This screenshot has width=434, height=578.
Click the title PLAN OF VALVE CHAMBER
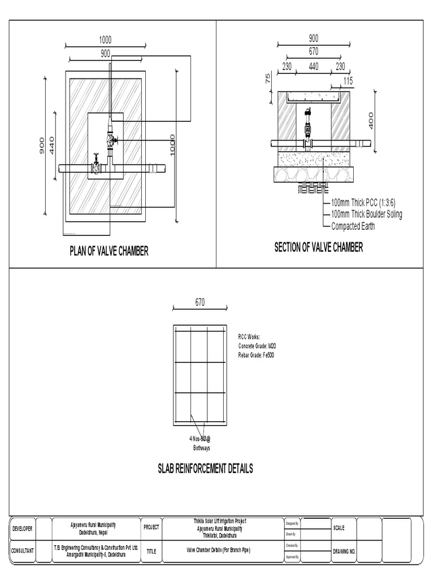tap(109, 251)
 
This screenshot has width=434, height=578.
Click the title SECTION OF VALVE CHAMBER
tap(319, 247)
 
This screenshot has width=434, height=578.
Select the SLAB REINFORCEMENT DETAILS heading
tap(205, 468)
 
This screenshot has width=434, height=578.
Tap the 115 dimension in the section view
tap(348, 81)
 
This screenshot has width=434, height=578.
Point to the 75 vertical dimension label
tap(268, 78)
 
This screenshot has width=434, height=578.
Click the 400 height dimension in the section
tap(371, 120)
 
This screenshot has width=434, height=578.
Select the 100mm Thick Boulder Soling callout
tap(366, 214)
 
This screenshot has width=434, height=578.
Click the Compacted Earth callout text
tap(353, 226)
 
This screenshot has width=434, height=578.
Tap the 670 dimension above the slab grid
tap(200, 303)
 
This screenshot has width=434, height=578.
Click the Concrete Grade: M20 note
tap(256, 345)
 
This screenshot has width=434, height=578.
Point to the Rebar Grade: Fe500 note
tap(256, 354)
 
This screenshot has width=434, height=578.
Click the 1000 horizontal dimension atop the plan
tap(106, 40)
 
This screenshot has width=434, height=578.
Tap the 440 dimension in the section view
tap(314, 67)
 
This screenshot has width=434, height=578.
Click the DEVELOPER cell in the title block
tap(23, 528)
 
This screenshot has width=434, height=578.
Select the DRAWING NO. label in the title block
tap(344, 551)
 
